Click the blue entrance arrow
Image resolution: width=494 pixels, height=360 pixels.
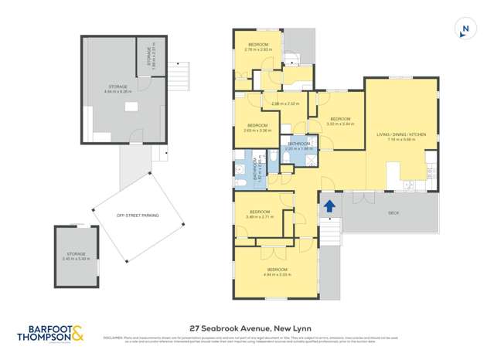[329, 206]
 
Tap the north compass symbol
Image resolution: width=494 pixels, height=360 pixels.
[464, 29]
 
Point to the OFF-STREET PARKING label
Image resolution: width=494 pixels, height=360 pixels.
[137, 216]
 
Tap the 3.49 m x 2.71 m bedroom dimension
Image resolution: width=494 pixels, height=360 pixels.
[259, 217]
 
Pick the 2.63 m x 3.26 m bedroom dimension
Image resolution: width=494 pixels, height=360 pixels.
[257, 131]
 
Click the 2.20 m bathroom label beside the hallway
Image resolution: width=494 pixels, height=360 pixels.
[299, 149]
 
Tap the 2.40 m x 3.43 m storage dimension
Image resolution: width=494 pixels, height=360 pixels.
[76, 258]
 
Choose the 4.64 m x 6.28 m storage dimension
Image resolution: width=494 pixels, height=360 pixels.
[118, 91]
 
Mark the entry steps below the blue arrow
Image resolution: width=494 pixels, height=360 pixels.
[329, 229]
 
